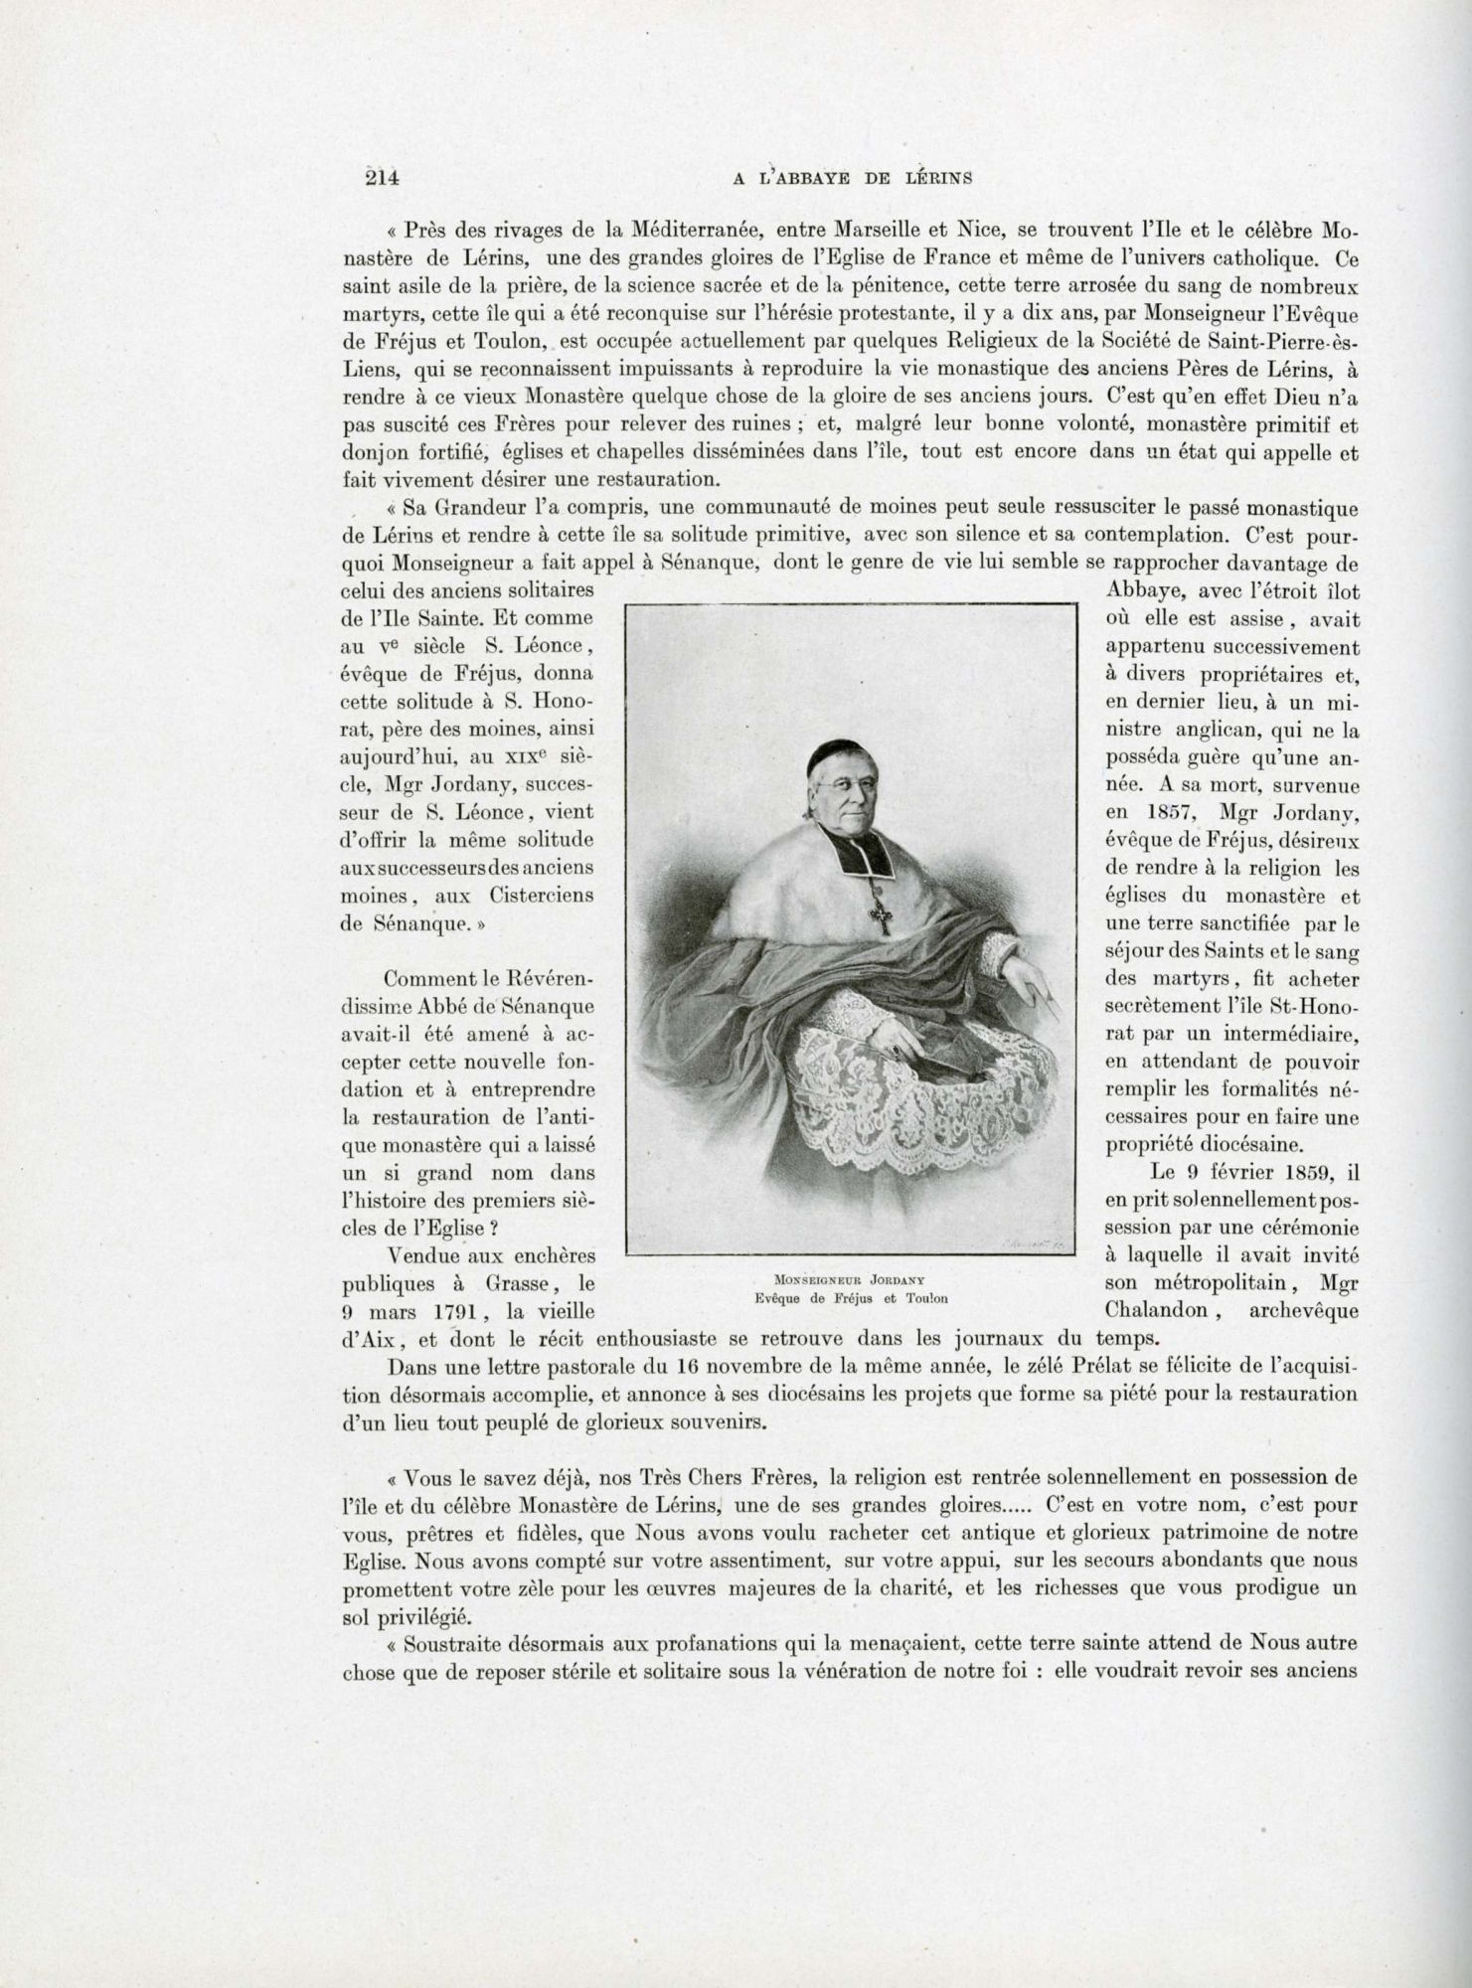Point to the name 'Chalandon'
click(1149, 1311)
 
